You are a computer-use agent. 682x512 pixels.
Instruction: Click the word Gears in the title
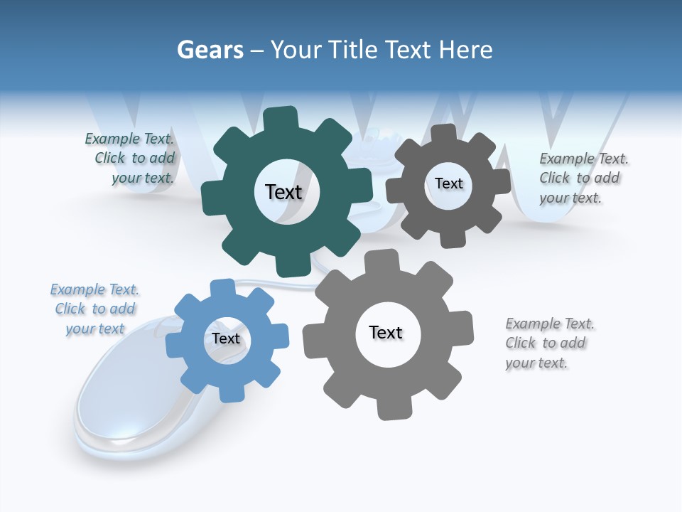pos(210,50)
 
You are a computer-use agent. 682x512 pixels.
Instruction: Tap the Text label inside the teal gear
pos(283,192)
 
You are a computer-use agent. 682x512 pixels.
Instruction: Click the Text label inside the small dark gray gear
pos(448,183)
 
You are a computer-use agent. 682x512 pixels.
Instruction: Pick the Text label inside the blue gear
pos(226,338)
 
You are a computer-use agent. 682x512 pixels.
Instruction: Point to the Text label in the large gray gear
pos(386,332)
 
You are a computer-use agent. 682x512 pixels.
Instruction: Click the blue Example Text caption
pos(94,309)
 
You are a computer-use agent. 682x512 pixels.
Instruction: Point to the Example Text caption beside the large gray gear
pos(548,343)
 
